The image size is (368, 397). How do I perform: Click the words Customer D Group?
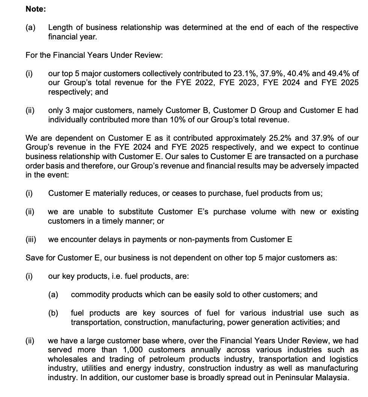[256, 110]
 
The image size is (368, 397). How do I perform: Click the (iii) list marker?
[31, 239]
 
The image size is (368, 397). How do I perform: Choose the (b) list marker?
[53, 313]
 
